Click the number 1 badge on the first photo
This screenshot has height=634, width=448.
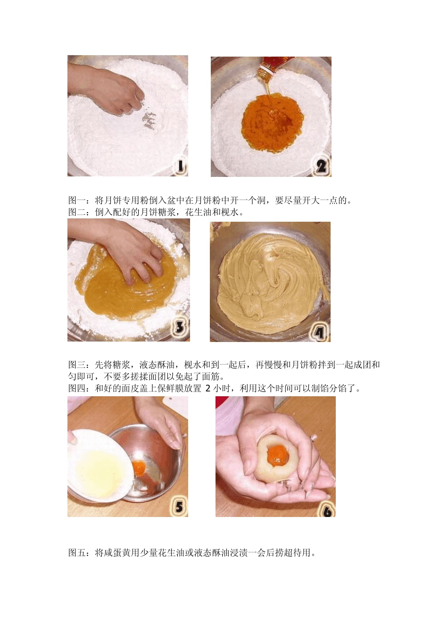coord(180,167)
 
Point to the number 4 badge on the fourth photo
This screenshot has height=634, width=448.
coord(320,333)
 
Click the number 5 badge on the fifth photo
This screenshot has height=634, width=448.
coord(179,507)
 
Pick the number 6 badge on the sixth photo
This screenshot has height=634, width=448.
coord(327,509)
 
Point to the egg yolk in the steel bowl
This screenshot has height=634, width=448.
coord(139,468)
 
